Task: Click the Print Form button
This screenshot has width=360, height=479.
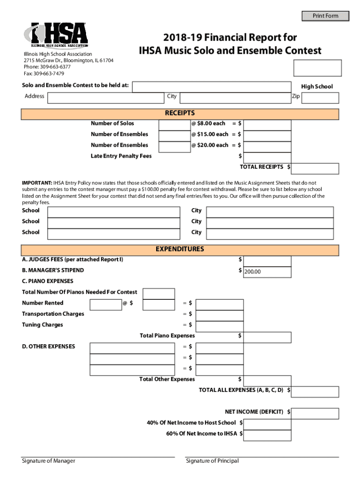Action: (x=325, y=16)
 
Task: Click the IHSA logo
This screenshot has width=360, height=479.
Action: (x=56, y=36)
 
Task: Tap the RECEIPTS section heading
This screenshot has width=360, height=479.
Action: (x=180, y=114)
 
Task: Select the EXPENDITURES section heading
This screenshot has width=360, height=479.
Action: (x=180, y=250)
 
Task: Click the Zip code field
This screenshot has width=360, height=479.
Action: (x=320, y=97)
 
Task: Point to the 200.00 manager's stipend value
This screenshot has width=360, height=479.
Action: (x=253, y=272)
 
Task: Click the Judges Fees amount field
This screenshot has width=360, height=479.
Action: (x=267, y=260)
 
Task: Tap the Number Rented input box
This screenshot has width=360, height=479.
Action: (x=105, y=305)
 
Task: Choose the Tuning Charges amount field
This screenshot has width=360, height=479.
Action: (x=219, y=326)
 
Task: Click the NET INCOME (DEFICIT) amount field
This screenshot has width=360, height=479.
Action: (x=316, y=413)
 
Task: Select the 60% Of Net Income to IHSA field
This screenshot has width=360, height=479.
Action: (x=267, y=435)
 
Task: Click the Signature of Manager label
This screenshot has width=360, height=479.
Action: (x=49, y=461)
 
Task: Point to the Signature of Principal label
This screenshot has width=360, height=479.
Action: (x=212, y=461)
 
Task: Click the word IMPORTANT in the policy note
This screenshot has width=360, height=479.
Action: (x=37, y=182)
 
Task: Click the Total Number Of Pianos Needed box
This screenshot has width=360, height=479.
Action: (x=158, y=293)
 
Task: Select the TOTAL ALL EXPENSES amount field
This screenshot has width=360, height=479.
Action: (x=316, y=391)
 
